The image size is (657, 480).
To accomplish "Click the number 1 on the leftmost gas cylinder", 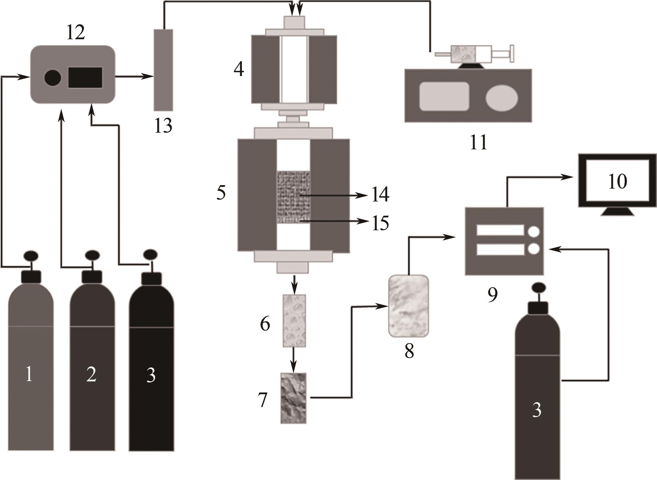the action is click(29, 375).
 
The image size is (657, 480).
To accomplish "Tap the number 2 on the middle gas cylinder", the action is click(91, 375).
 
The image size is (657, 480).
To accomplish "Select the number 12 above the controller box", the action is click(75, 33).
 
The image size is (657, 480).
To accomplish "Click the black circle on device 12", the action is click(53, 77).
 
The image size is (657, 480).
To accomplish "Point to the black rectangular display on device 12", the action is click(85, 77).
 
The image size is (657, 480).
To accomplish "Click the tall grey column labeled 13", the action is click(163, 69).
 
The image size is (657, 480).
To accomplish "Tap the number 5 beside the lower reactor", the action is click(221, 192).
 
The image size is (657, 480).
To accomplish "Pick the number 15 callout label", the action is click(380, 223).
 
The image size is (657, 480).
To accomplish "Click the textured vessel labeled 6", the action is click(294, 321).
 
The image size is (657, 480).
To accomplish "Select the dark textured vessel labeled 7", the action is click(294, 398).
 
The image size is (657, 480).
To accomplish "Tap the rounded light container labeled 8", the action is click(408, 306).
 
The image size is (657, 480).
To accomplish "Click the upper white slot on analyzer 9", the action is click(500, 230).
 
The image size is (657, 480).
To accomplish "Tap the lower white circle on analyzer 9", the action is click(533, 249).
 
